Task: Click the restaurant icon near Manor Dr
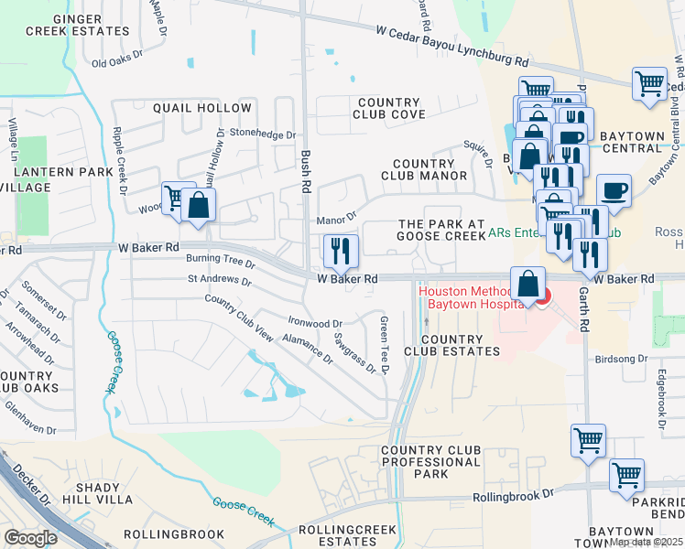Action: coord(341,249)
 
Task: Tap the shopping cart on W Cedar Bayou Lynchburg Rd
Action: coord(649,84)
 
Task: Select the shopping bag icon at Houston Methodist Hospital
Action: coord(527,283)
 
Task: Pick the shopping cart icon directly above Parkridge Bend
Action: coord(626,475)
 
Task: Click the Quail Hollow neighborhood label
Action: coord(201,108)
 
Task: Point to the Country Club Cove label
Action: coord(389,109)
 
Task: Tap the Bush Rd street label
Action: coord(306,171)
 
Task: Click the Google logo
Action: coord(30,537)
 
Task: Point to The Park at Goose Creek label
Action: coord(440,230)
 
